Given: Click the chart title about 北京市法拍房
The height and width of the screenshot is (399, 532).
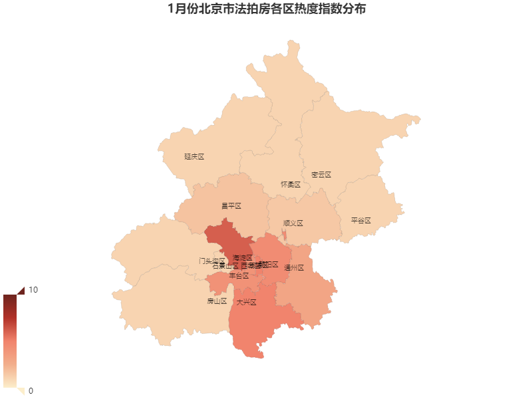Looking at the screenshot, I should click(266, 9).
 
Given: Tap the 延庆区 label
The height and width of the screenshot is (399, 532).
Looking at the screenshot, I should click(194, 157).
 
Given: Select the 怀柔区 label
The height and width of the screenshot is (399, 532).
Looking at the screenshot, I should click(291, 184).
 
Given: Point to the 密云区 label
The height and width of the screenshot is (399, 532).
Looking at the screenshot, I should click(321, 175).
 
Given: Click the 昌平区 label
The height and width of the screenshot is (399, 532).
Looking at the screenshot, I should click(231, 206).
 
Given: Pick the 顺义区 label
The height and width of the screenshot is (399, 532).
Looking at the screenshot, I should click(293, 223).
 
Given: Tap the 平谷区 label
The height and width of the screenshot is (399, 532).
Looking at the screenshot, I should click(360, 220).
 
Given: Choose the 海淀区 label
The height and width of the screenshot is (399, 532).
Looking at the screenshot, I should click(243, 257).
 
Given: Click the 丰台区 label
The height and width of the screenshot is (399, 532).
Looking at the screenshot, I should click(239, 275).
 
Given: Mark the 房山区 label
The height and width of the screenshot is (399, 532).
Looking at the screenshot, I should click(217, 301).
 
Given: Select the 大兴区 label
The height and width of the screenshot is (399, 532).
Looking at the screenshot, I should click(246, 302).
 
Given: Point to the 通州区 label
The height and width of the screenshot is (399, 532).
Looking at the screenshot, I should click(293, 268).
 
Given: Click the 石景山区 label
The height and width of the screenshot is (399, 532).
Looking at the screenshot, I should click(225, 267).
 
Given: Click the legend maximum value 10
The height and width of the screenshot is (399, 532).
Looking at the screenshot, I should click(33, 291).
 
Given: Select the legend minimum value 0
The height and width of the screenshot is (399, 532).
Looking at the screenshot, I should click(31, 390).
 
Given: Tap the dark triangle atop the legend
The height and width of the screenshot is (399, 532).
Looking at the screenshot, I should click(20, 290).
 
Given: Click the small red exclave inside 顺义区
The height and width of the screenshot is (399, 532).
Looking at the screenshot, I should click(285, 235).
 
